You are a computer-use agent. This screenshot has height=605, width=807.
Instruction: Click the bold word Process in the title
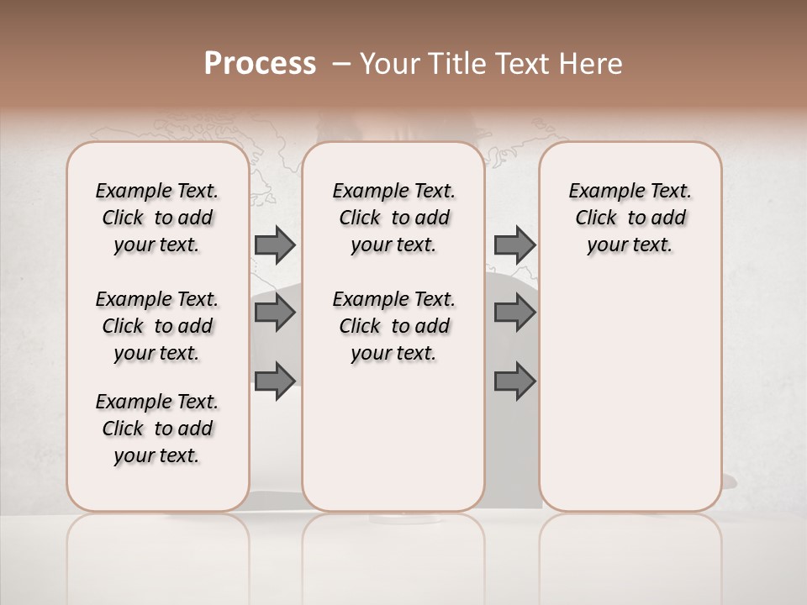click(260, 64)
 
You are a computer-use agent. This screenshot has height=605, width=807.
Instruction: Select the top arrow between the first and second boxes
click(274, 245)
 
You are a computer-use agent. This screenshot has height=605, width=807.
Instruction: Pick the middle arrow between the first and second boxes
click(274, 313)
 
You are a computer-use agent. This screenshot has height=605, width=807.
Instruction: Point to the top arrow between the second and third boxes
click(514, 245)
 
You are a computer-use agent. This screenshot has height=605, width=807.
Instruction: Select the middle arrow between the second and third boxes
click(514, 313)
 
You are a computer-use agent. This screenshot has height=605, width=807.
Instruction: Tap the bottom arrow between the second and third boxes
click(514, 381)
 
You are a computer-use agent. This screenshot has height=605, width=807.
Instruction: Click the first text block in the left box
click(157, 218)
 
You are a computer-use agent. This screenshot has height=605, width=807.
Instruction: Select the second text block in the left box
click(157, 326)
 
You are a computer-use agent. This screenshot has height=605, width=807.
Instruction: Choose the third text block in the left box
click(157, 429)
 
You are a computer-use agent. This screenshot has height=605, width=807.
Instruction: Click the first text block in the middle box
click(394, 218)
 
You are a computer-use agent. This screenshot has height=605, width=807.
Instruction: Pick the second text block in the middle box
click(394, 326)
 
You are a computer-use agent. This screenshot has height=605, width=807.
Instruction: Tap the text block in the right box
click(630, 218)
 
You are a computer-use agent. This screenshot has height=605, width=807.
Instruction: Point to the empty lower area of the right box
click(630, 387)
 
